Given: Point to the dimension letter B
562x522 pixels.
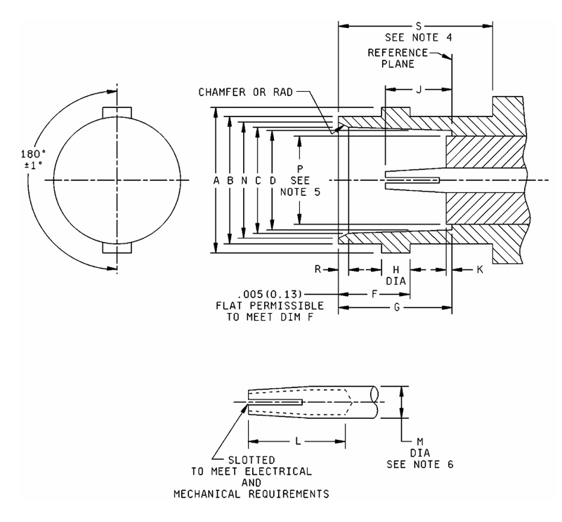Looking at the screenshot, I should (230, 180).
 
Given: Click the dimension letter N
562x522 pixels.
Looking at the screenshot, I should (244, 180).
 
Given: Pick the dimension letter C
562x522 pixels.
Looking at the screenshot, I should (258, 180).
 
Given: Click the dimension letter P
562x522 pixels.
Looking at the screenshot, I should (300, 169).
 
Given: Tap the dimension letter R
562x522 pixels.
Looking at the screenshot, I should (318, 269).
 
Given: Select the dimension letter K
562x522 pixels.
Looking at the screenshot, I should (480, 269).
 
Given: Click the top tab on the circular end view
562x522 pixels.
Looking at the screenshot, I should (117, 112).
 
